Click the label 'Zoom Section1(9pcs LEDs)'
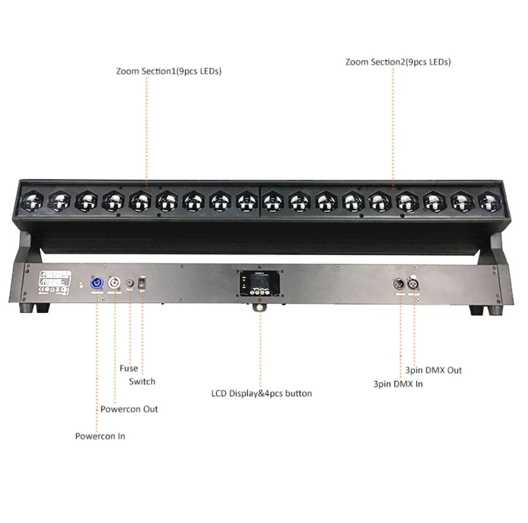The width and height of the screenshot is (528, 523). (169, 72)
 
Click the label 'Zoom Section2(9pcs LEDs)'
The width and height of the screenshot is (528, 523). (398, 62)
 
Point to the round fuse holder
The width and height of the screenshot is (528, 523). (129, 283)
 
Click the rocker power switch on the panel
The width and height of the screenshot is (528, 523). (142, 283)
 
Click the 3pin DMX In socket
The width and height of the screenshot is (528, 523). (399, 284)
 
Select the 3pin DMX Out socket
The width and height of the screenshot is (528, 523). (415, 284)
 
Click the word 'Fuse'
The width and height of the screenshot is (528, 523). (129, 368)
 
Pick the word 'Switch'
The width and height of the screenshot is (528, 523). (142, 382)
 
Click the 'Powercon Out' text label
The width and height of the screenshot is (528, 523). (129, 409)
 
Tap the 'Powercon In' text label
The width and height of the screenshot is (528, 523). (100, 436)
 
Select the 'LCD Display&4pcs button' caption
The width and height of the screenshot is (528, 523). (261, 393)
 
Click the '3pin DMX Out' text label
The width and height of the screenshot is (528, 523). (434, 370)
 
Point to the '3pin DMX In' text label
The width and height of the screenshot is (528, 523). (398, 384)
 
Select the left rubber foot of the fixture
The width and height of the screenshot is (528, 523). (29, 307)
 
